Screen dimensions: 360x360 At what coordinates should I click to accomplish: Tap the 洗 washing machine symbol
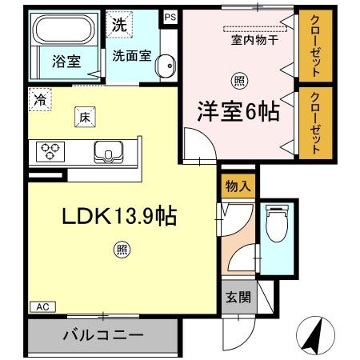pos(118,24)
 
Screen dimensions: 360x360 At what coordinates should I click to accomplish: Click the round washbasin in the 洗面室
pos(165,68)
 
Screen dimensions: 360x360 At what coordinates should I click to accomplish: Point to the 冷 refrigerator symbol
pos(39,99)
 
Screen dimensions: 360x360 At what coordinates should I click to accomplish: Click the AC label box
pos(42,306)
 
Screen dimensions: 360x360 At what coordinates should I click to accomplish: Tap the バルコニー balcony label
pos(103,334)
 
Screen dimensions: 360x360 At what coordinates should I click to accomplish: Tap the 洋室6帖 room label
pos(238,113)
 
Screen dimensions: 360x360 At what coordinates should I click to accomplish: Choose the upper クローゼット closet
pos(315,46)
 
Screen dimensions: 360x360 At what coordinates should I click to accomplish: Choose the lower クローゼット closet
pos(315,122)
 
